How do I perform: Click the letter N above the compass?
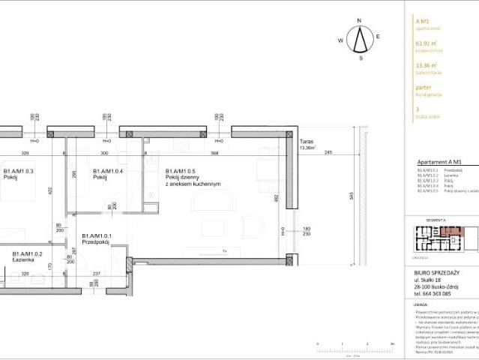click(x=361, y=21)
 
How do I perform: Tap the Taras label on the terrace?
click(x=305, y=141)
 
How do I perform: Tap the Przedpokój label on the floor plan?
click(x=97, y=242)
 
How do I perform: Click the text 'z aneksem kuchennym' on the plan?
click(x=193, y=184)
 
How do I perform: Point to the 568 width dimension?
click(x=214, y=152)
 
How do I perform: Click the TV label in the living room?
click(x=223, y=250)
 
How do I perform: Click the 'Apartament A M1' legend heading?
click(x=436, y=161)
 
